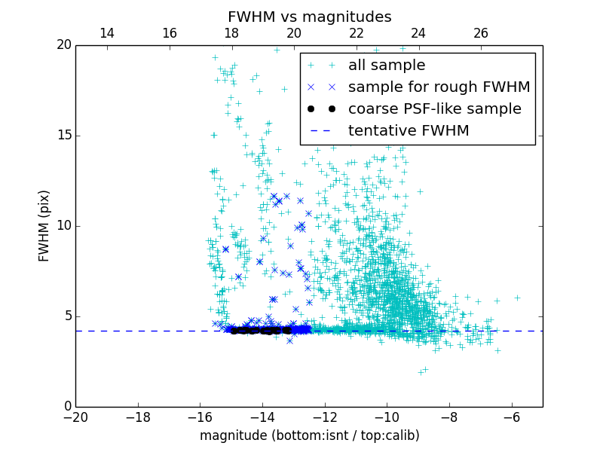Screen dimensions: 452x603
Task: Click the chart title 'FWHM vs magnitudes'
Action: pyautogui.click(x=309, y=17)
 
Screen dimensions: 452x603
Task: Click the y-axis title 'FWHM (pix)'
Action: pyautogui.click(x=44, y=225)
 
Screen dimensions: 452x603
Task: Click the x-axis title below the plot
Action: pyautogui.click(x=309, y=435)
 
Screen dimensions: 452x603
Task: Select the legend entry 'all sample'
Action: pyautogui.click(x=387, y=66)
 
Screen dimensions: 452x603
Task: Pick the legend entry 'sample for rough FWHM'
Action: pyautogui.click(x=439, y=87)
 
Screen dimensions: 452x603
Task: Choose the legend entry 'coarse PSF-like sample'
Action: pyautogui.click(x=434, y=109)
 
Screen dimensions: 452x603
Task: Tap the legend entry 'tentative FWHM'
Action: pyautogui.click(x=409, y=131)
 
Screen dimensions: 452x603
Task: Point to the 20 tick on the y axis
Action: pyautogui.click(x=63, y=45)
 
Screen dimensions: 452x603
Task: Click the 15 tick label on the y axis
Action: pyautogui.click(x=63, y=136)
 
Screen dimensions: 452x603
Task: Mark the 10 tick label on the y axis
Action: pyautogui.click(x=63, y=226)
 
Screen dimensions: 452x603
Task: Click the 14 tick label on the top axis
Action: pyautogui.click(x=107, y=33)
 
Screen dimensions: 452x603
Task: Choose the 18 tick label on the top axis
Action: pyautogui.click(x=231, y=33)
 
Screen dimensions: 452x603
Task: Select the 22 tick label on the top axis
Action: pyautogui.click(x=357, y=33)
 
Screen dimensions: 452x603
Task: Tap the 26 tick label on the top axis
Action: pyautogui.click(x=481, y=33)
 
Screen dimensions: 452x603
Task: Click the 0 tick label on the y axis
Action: pyautogui.click(x=66, y=407)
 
